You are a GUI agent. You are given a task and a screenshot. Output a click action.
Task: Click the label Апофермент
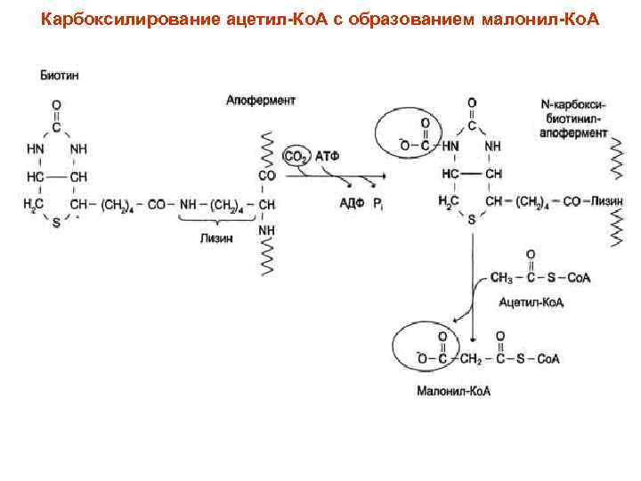[x=260, y=101]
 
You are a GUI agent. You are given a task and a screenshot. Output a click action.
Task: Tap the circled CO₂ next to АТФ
[x=295, y=157]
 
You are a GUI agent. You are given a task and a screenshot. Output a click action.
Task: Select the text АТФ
[x=327, y=157]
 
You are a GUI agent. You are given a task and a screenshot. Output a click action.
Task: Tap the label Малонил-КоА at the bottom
[x=454, y=390]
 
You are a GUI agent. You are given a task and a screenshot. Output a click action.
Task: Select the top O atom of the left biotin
[x=56, y=104]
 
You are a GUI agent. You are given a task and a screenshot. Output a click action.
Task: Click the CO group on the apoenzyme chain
[x=266, y=175]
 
